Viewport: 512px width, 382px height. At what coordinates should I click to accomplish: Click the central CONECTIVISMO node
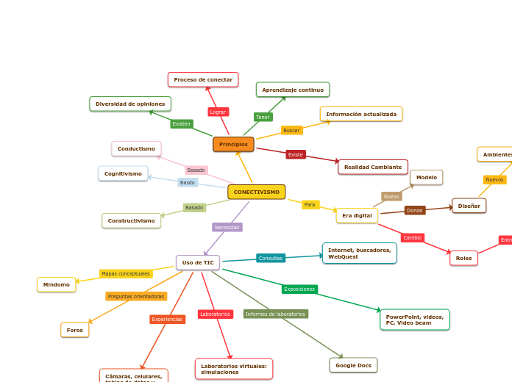(x=256, y=192)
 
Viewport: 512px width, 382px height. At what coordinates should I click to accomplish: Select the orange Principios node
(x=233, y=144)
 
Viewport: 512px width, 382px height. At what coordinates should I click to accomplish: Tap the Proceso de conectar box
(x=203, y=79)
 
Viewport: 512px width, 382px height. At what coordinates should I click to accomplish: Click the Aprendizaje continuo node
(x=293, y=90)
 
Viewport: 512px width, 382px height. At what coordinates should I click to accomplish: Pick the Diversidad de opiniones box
(x=130, y=104)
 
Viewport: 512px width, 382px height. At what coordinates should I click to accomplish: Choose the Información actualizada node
(x=361, y=114)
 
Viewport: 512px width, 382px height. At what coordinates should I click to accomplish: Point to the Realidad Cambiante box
(x=373, y=167)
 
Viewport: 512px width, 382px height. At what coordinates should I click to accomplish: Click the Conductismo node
(x=136, y=148)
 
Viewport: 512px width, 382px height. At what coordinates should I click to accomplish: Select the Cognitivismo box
(x=123, y=173)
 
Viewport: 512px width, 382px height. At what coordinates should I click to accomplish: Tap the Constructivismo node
(x=131, y=220)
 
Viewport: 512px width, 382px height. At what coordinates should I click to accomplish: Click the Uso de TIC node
(x=198, y=262)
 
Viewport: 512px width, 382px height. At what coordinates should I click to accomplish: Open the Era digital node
(x=357, y=215)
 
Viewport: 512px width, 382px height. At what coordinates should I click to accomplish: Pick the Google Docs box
(x=353, y=365)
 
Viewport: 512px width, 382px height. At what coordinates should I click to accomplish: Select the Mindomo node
(x=56, y=284)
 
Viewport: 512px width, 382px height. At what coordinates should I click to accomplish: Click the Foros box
(x=75, y=330)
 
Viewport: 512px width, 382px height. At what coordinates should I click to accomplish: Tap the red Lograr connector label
(x=218, y=112)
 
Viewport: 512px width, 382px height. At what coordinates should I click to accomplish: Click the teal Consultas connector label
(x=271, y=258)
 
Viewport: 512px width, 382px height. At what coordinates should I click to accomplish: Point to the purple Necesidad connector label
(x=227, y=227)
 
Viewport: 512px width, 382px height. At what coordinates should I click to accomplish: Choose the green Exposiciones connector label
(x=299, y=289)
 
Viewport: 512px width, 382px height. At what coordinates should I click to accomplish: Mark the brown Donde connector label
(x=415, y=210)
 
